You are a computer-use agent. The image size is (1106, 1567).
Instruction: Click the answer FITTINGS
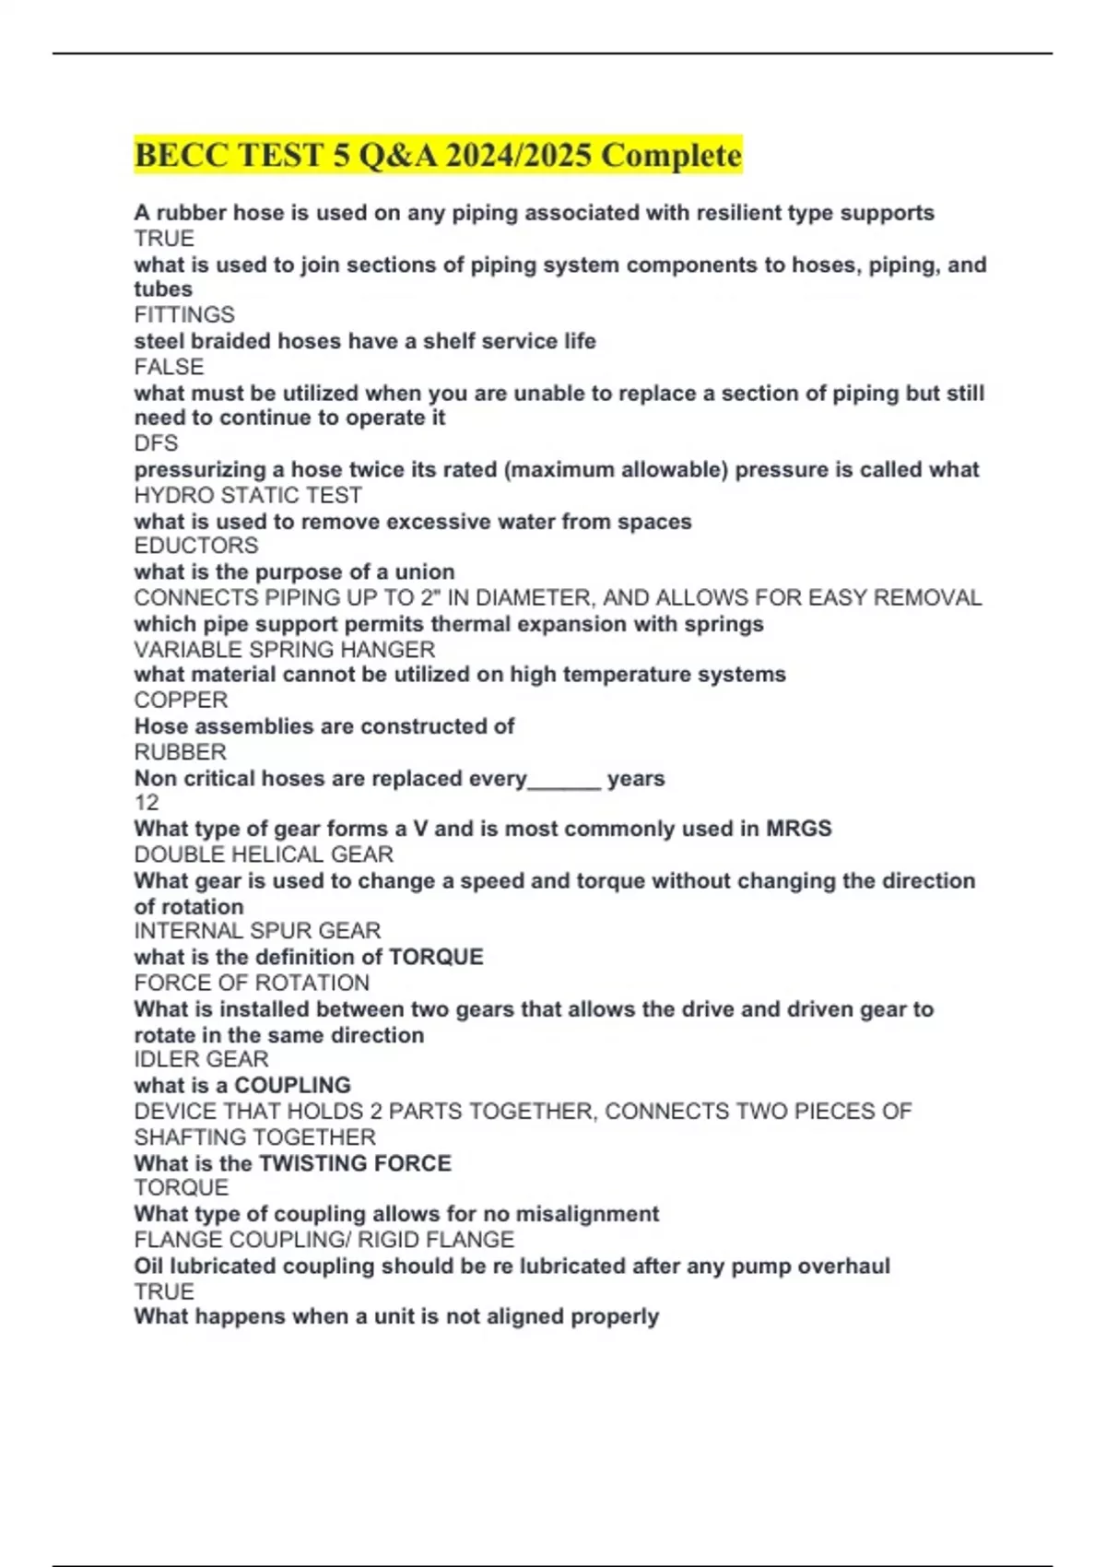coord(184,315)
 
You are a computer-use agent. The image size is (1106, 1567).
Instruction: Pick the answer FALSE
coord(169,367)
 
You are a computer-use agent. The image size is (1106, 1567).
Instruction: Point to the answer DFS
coord(156,443)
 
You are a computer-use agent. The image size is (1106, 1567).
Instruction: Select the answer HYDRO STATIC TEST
coord(248,495)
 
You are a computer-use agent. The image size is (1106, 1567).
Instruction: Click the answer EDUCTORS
coord(195,546)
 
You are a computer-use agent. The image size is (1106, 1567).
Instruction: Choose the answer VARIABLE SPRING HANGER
coord(284,649)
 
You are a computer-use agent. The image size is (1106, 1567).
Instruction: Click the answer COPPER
coord(181,700)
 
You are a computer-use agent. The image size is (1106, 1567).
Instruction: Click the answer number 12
coord(147,803)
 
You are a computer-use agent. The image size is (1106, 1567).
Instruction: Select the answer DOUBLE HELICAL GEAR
coord(264,854)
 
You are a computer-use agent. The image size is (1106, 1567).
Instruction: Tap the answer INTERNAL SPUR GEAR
coord(257,931)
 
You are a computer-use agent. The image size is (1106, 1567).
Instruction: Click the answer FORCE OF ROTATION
coord(252,983)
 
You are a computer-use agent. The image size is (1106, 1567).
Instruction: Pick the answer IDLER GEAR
coord(201,1059)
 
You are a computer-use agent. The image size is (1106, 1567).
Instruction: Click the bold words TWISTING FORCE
coord(356,1163)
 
